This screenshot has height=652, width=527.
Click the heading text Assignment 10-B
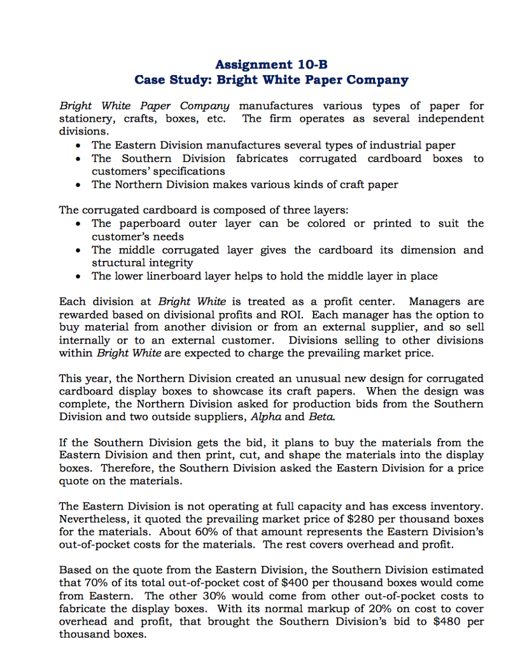(271, 64)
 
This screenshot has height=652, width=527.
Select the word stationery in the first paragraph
(85, 119)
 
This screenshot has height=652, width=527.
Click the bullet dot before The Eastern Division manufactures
(78, 146)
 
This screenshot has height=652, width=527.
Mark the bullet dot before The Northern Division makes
(78, 185)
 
